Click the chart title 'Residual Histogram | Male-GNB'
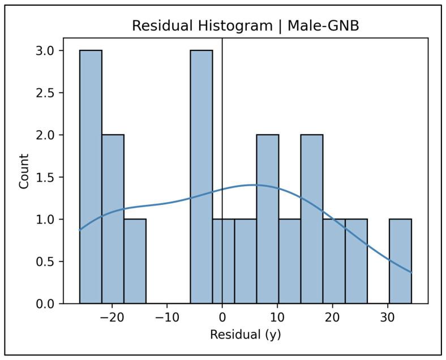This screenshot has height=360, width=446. pos(245,26)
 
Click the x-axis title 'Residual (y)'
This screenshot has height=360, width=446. pos(245,335)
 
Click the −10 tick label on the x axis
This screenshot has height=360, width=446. pos(167,316)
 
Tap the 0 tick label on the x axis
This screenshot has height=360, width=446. pos(222,316)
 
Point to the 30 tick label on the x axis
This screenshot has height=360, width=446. pos(388,316)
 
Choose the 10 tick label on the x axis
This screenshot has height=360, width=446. pos(277,316)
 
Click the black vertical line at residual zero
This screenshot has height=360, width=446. pos(222,113)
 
